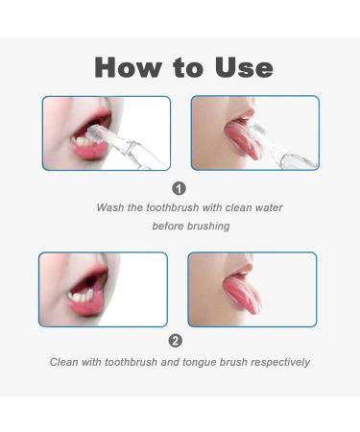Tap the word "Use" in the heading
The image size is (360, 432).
pyautogui.click(x=244, y=67)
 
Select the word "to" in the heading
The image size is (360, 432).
pyautogui.click(x=188, y=68)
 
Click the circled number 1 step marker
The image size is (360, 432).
pyautogui.click(x=179, y=188)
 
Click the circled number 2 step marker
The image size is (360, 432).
pyautogui.click(x=176, y=341)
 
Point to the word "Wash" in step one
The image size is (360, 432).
pyautogui.click(x=110, y=207)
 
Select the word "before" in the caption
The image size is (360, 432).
pyautogui.click(x=168, y=226)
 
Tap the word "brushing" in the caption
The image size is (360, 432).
pyautogui.click(x=208, y=227)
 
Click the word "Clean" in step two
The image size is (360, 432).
pyautogui.click(x=64, y=362)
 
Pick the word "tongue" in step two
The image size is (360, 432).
pyautogui.click(x=200, y=363)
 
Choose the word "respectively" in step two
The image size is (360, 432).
pyautogui.click(x=280, y=363)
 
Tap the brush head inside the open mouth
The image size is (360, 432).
pyautogui.click(x=96, y=131)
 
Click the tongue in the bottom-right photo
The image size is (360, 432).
pyautogui.click(x=242, y=295)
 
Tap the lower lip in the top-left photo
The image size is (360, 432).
pyautogui.click(x=90, y=151)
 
